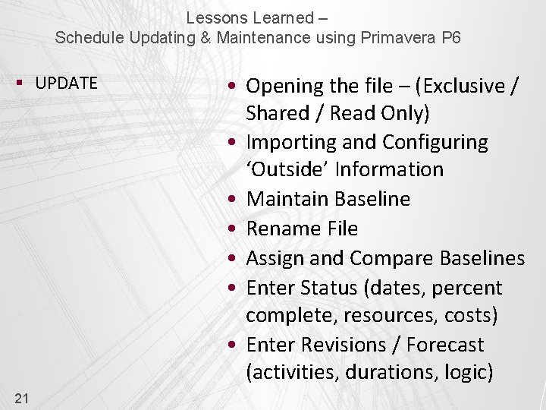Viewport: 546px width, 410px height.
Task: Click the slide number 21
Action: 22,398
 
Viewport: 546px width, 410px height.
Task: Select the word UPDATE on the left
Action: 66,84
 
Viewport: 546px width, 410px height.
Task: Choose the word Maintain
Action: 288,199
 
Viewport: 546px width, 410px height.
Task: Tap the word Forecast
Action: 444,345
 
